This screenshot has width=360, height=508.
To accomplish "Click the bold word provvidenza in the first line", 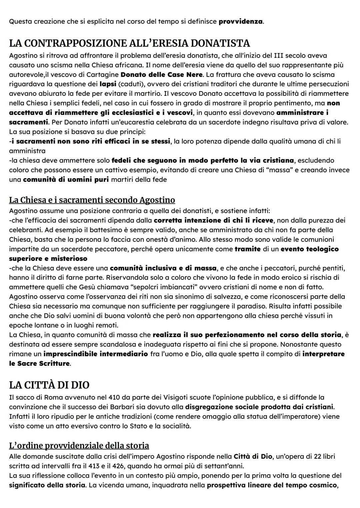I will pyautogui.click(x=240, y=22).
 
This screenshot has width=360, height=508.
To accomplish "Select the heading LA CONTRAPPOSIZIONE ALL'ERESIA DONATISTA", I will pyautogui.click(x=129, y=43).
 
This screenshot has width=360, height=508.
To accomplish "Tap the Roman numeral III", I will pyautogui.click(x=279, y=55).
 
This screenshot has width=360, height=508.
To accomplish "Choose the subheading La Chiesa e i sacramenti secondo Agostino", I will pyautogui.click(x=92, y=200).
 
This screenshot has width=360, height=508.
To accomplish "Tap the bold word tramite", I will pyautogui.click(x=248, y=249).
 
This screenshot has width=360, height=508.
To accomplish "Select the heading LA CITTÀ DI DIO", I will pyautogui.click(x=49, y=385).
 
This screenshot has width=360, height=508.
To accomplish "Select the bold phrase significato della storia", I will pyautogui.click(x=47, y=485).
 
